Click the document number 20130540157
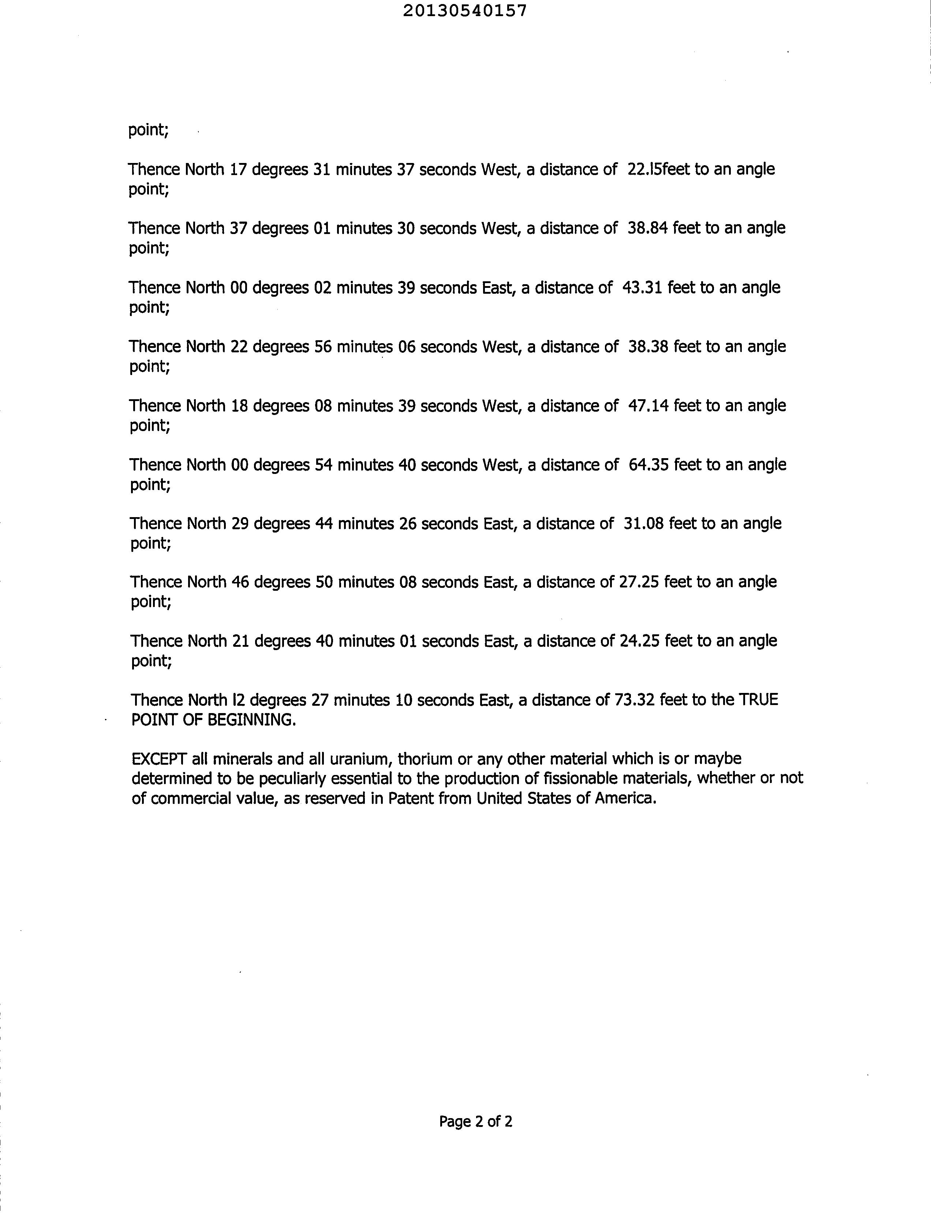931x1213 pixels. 464,11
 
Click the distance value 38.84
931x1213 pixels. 647,228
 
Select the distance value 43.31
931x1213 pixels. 642,287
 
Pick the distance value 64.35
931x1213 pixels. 648,465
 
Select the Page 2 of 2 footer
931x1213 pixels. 475,1121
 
